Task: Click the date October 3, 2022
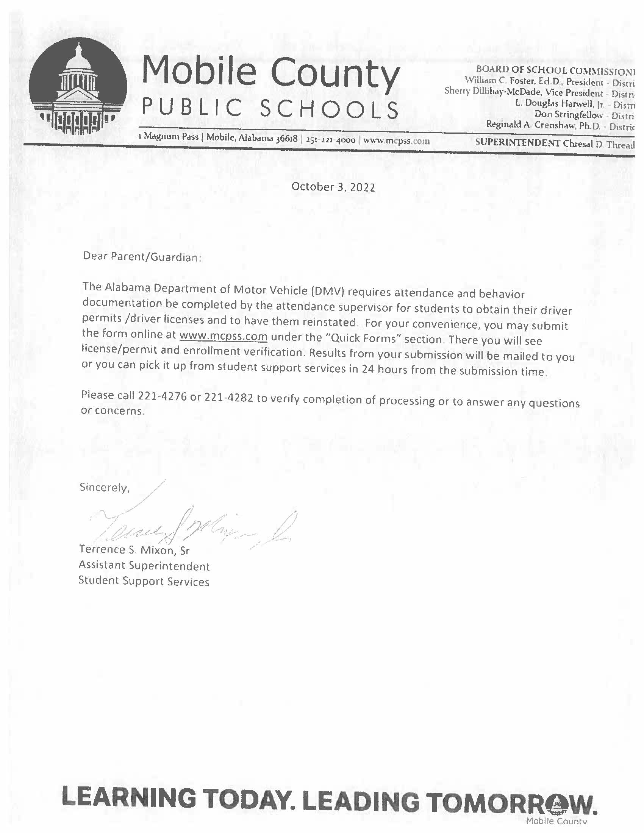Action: pyautogui.click(x=333, y=187)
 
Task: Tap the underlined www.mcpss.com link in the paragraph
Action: pyautogui.click(x=223, y=336)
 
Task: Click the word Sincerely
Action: pyautogui.click(x=104, y=487)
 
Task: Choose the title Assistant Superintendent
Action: pyautogui.click(x=144, y=566)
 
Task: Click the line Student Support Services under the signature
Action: pyautogui.click(x=144, y=581)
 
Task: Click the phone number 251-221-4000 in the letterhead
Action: pyautogui.click(x=330, y=140)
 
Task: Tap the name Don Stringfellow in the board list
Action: pyautogui.click(x=569, y=114)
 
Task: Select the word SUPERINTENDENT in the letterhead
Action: pyautogui.click(x=517, y=143)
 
